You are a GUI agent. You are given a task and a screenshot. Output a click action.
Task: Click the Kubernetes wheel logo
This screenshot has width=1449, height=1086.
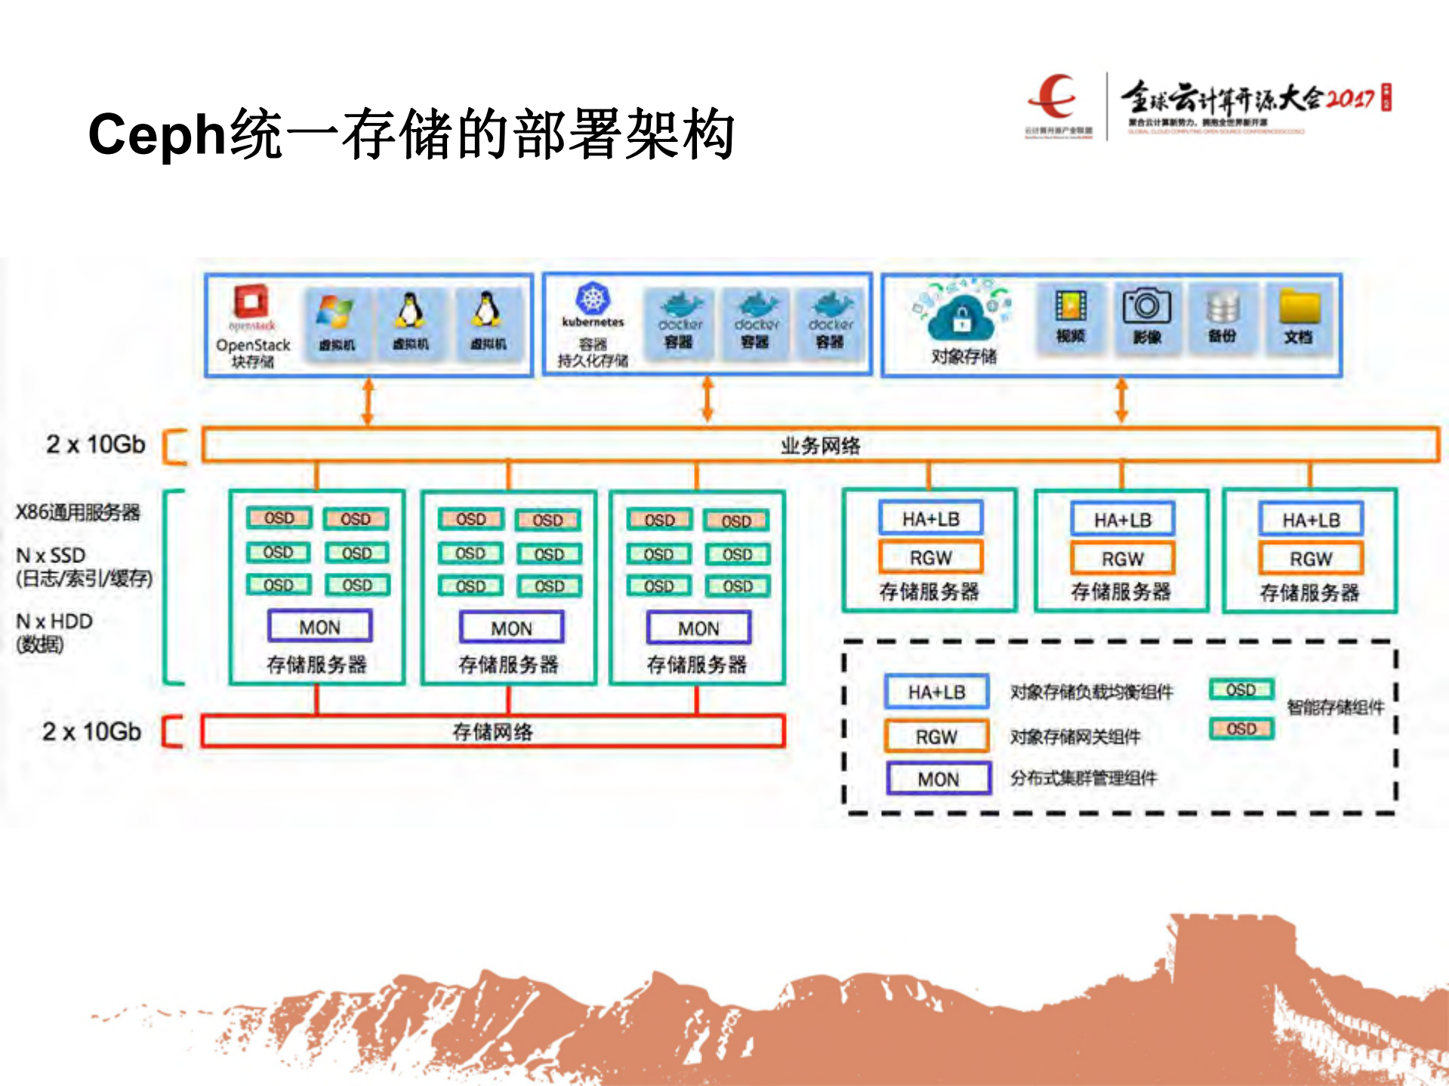(593, 299)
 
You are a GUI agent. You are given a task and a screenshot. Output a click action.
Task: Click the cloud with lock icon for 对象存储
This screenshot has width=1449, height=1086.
(961, 317)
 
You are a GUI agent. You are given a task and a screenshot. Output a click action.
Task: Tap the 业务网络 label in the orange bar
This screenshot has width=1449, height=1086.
(821, 445)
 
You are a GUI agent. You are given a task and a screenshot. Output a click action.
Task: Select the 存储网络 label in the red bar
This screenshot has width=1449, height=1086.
(493, 731)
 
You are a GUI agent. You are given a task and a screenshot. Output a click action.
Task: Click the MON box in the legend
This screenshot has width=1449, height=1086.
(939, 779)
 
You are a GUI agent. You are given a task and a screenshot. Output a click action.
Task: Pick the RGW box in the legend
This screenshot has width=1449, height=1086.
(936, 737)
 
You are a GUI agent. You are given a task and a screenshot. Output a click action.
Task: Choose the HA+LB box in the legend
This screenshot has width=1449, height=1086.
(936, 692)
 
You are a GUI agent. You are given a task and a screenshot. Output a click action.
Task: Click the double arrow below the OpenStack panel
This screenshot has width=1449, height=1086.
(368, 401)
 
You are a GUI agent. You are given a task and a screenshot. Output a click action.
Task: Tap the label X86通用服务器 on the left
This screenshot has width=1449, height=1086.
(78, 512)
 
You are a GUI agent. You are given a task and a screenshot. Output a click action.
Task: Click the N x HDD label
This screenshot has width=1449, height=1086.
(54, 622)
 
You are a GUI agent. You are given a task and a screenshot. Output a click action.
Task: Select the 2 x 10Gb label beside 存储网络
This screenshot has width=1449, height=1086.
(92, 731)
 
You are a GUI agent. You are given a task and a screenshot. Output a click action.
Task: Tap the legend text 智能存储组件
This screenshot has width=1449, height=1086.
(1335, 707)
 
